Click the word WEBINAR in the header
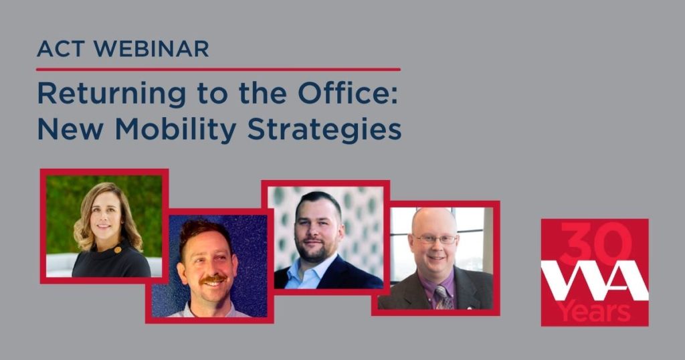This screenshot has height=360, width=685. point(151,48)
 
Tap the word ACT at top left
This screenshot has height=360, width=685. point(61,48)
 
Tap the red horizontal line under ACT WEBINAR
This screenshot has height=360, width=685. point(219,69)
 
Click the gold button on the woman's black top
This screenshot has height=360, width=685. point(117,250)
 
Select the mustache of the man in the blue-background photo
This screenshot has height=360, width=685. point(213,279)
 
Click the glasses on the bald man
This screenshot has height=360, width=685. point(435,238)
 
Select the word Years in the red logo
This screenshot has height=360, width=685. point(595,312)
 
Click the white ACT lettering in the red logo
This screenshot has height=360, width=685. point(595,280)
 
